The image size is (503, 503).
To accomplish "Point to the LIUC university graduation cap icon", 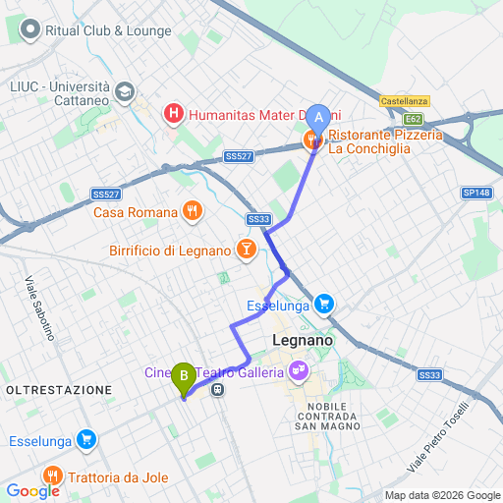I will (125, 91).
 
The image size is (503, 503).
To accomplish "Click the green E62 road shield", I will (412, 119).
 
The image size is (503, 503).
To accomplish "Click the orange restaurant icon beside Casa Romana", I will (193, 211).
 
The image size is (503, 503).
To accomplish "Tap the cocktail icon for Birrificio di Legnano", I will (245, 251).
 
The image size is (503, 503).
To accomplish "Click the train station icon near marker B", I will (217, 389).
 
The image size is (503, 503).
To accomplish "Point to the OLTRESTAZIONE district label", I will (59, 390).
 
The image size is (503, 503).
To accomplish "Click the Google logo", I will (32, 490).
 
